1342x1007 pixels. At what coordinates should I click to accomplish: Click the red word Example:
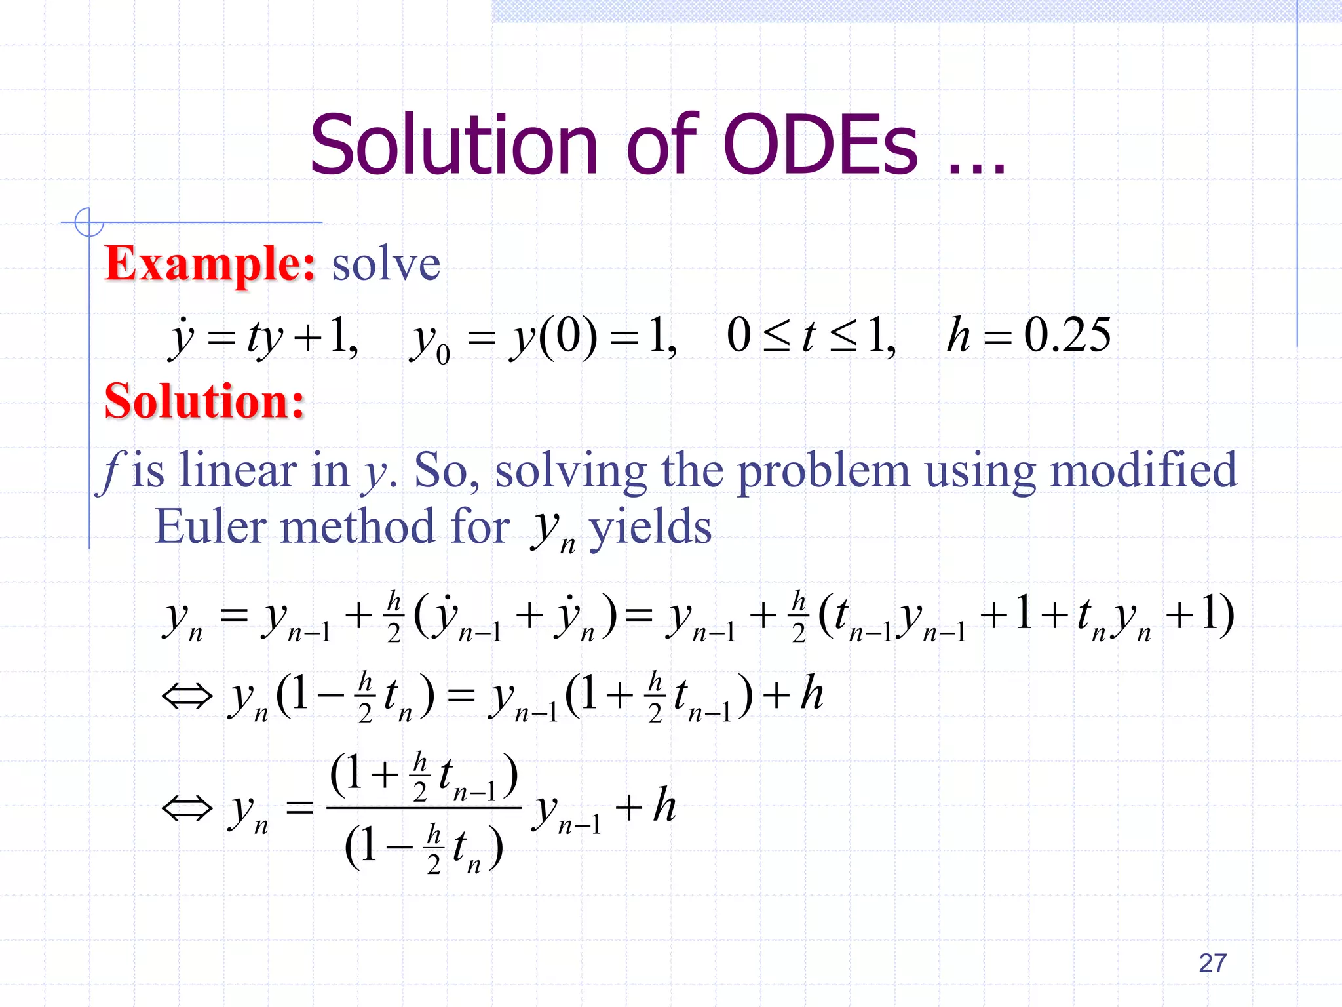pyautogui.click(x=210, y=264)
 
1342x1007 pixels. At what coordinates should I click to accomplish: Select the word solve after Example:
pyautogui.click(x=386, y=265)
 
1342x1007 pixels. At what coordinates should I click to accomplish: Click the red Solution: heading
pyautogui.click(x=205, y=401)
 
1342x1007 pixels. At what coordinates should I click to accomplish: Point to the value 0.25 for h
pyautogui.click(x=1067, y=335)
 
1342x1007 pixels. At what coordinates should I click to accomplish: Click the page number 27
pyautogui.click(x=1212, y=963)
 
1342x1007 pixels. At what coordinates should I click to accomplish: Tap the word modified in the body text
pyautogui.click(x=1143, y=470)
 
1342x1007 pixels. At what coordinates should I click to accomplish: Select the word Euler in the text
pyautogui.click(x=210, y=526)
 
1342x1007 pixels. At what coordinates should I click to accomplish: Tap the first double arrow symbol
pyautogui.click(x=187, y=696)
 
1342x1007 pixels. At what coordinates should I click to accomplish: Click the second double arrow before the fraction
pyautogui.click(x=187, y=808)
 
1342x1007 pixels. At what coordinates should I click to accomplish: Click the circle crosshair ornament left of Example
pyautogui.click(x=88, y=222)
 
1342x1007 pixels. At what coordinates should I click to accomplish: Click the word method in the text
pyautogui.click(x=357, y=526)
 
